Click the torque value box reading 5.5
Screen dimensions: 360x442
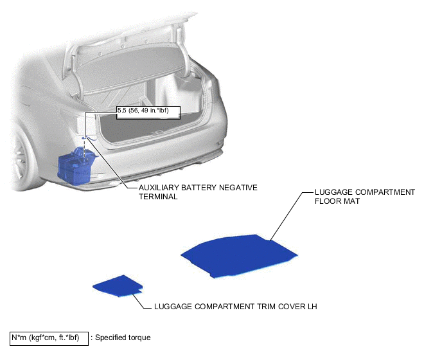pyautogui.click(x=148, y=113)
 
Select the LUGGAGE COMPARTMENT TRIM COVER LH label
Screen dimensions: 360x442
pyautogui.click(x=235, y=307)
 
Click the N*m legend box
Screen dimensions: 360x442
pyautogui.click(x=49, y=337)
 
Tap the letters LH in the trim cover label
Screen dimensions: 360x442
pyautogui.click(x=312, y=307)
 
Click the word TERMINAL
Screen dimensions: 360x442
pyautogui.click(x=158, y=197)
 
